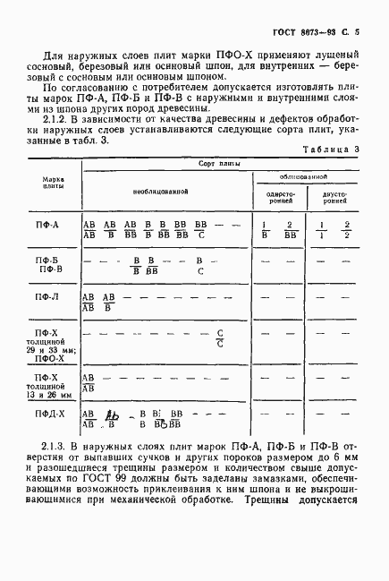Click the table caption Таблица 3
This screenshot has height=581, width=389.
(330, 150)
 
